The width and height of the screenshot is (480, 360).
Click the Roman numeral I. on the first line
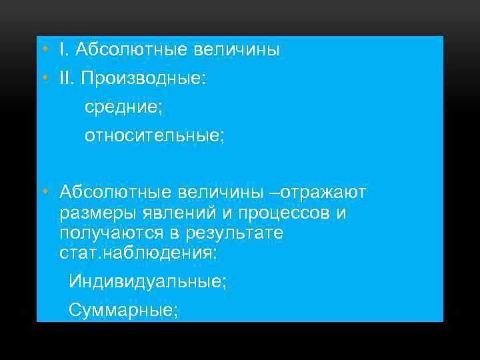click(x=63, y=50)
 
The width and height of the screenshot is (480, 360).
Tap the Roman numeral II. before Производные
click(x=67, y=79)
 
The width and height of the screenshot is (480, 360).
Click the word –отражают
click(x=323, y=193)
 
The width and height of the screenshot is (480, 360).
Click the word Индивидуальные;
click(x=147, y=282)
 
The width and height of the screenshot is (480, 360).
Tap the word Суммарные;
click(x=123, y=310)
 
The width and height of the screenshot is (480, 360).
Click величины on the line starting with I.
click(x=236, y=50)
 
